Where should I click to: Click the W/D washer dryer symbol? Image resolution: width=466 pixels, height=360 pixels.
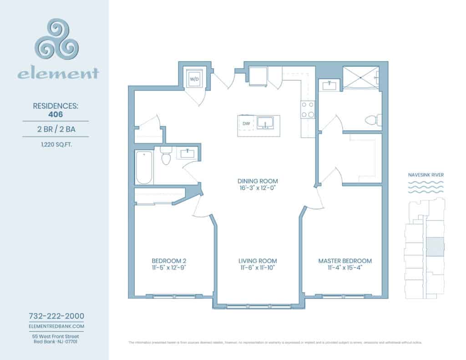pyautogui.click(x=194, y=79)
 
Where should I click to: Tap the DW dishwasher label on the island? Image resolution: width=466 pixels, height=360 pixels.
pyautogui.click(x=246, y=123)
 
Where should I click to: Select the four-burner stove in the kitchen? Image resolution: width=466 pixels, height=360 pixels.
pyautogui.click(x=308, y=110)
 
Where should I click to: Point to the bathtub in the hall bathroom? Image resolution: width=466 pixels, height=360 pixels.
pyautogui.click(x=143, y=167)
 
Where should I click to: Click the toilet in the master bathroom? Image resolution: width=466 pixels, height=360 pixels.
pyautogui.click(x=373, y=120)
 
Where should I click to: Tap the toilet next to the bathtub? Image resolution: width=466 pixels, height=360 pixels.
pyautogui.click(x=166, y=157)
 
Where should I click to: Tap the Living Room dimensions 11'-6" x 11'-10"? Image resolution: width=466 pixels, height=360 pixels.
pyautogui.click(x=258, y=268)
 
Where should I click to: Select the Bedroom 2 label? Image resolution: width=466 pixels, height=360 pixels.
pyautogui.click(x=169, y=261)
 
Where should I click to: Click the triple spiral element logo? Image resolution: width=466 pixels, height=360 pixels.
pyautogui.click(x=58, y=42)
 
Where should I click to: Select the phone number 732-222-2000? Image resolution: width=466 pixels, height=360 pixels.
pyautogui.click(x=56, y=316)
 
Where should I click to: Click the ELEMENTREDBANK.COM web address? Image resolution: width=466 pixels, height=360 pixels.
pyautogui.click(x=56, y=326)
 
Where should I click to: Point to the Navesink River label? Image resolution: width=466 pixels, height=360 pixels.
pyautogui.click(x=426, y=174)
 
